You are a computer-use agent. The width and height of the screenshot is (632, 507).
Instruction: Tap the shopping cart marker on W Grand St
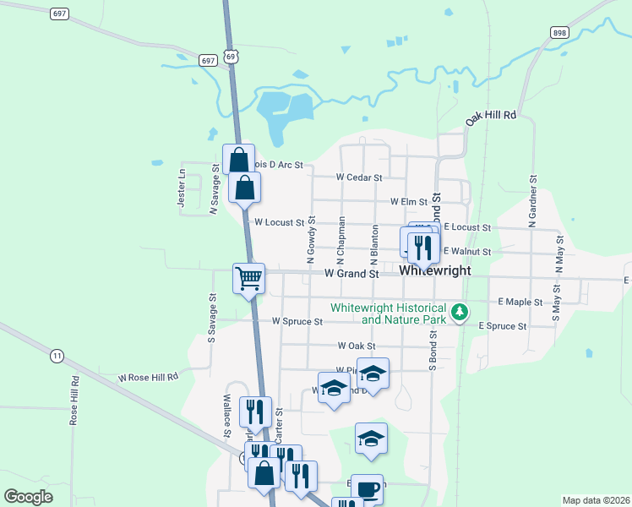click(249, 278)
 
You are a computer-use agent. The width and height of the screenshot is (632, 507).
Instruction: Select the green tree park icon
click(460, 313)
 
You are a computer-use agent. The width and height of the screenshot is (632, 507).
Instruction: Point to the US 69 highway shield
click(231, 56)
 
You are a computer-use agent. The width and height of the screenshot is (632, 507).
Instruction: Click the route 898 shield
click(559, 32)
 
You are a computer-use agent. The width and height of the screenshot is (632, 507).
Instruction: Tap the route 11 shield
click(57, 356)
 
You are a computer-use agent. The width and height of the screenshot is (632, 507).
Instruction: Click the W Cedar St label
click(359, 177)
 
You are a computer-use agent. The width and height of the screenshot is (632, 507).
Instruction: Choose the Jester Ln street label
click(181, 188)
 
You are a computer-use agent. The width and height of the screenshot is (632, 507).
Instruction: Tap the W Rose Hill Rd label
click(149, 377)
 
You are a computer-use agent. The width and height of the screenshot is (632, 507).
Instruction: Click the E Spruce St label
click(503, 326)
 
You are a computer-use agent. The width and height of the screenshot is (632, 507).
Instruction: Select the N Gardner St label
click(533, 201)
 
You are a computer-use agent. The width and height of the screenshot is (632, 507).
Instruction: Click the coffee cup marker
click(367, 489)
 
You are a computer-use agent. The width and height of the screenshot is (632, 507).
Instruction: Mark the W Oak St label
click(356, 346)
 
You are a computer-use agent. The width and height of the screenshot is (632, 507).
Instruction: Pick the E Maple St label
click(520, 301)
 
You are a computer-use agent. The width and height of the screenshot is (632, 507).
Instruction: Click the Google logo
click(29, 497)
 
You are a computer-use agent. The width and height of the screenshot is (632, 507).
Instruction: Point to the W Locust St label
click(279, 222)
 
